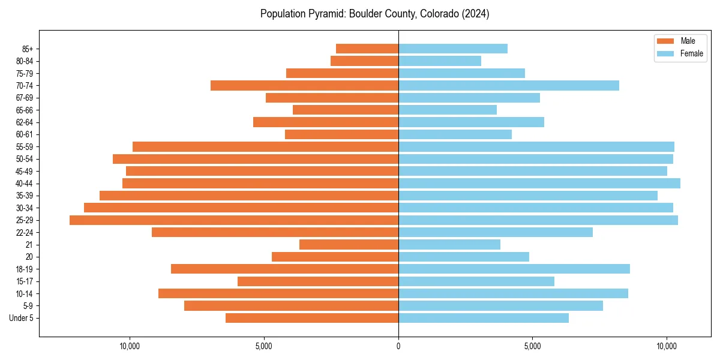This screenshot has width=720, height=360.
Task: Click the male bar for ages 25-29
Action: pyautogui.click(x=234, y=220)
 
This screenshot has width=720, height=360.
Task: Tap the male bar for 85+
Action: pyautogui.click(x=367, y=49)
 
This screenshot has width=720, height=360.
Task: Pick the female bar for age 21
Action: pyautogui.click(x=449, y=245)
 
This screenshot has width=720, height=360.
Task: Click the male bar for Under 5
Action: pyautogui.click(x=312, y=318)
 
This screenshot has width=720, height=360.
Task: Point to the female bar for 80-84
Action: pyautogui.click(x=440, y=61)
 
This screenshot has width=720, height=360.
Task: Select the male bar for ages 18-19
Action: pyautogui.click(x=285, y=269)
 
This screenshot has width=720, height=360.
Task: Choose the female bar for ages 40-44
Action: pyautogui.click(x=539, y=183)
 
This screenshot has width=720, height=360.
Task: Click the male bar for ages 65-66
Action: pyautogui.click(x=346, y=110)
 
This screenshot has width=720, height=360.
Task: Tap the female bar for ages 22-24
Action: pyautogui.click(x=496, y=232)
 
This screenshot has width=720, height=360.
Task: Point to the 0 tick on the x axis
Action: pyautogui.click(x=398, y=346)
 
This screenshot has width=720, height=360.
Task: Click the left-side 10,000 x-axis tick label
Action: pyautogui.click(x=130, y=346)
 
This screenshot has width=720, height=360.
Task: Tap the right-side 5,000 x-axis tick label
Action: pyautogui.click(x=532, y=346)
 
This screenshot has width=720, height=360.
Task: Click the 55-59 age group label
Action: pyautogui.click(x=25, y=146)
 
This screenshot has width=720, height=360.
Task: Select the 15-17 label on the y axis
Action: pyautogui.click(x=25, y=281)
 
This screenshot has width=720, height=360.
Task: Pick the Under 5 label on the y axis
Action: pyautogui.click(x=21, y=318)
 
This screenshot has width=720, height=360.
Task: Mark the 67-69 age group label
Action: pyautogui.click(x=25, y=98)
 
